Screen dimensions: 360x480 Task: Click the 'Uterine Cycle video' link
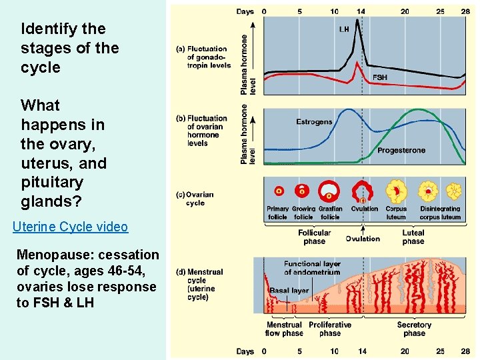pyautogui.click(x=70, y=227)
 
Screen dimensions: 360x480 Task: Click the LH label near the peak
pyautogui.click(x=344, y=29)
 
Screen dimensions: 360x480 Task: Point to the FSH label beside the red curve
pyautogui.click(x=379, y=77)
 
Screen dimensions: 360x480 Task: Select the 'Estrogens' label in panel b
pyautogui.click(x=314, y=122)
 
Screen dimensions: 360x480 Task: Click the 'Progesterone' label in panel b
pyautogui.click(x=401, y=151)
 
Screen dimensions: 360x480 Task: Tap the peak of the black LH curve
pyautogui.click(x=359, y=20)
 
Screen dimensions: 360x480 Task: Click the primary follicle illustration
pyautogui.click(x=279, y=191)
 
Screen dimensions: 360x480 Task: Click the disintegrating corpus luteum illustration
pyautogui.click(x=453, y=192)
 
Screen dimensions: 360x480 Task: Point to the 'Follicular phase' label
pyautogui.click(x=314, y=237)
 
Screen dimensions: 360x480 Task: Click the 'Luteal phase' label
pyautogui.click(x=413, y=237)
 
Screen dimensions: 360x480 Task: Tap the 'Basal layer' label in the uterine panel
pyautogui.click(x=289, y=291)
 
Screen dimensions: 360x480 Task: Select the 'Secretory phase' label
pyautogui.click(x=414, y=329)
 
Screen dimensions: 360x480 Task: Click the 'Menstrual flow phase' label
pyautogui.click(x=285, y=329)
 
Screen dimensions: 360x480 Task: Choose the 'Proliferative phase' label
pyautogui.click(x=330, y=329)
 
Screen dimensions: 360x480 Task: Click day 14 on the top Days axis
pyautogui.click(x=361, y=11)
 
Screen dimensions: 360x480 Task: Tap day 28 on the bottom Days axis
pyautogui.click(x=465, y=351)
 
